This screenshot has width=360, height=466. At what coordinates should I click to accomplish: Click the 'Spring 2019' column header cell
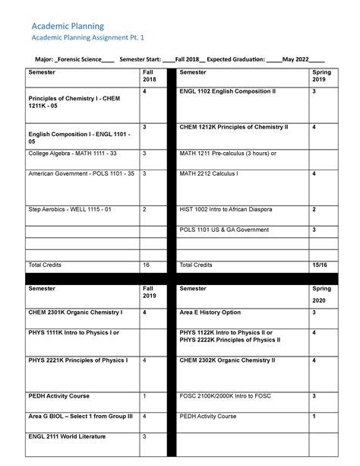click(x=318, y=76)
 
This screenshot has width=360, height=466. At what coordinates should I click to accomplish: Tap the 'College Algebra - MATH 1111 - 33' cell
click(x=72, y=154)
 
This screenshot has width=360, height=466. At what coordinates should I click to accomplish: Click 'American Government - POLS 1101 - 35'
click(x=81, y=174)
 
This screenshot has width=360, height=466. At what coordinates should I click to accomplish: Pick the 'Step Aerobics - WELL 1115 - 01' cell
click(x=69, y=208)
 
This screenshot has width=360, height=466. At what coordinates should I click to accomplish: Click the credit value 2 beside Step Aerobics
click(x=144, y=208)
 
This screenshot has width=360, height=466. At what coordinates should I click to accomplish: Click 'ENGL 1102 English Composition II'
click(x=228, y=90)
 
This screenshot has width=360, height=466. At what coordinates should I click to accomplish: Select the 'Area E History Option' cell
click(x=210, y=312)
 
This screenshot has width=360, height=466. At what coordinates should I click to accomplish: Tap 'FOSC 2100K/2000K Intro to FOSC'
click(x=226, y=396)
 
